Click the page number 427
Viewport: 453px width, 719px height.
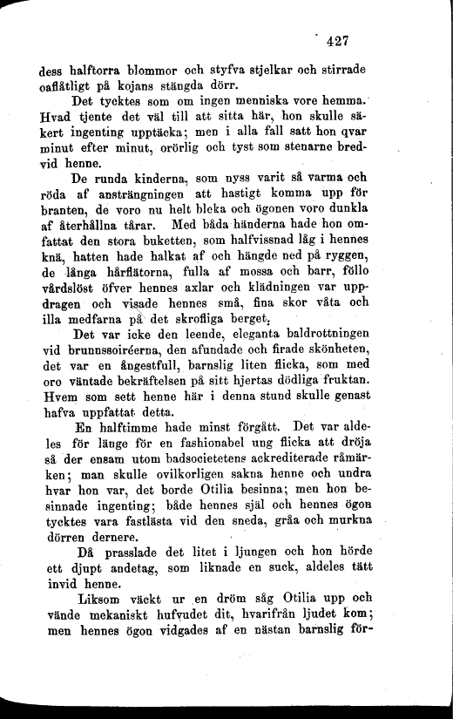(x=335, y=39)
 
